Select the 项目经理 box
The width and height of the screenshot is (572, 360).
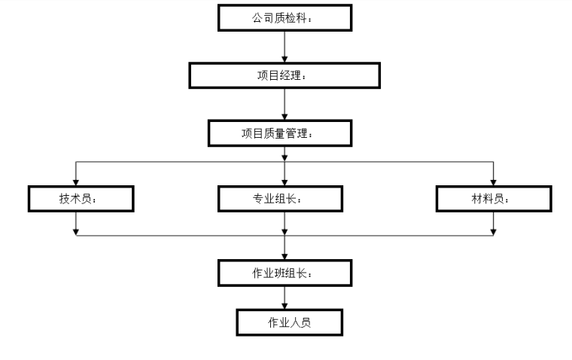284,76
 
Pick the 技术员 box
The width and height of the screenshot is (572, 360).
81,198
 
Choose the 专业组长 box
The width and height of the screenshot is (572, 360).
281,198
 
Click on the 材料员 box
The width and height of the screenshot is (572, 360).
493,198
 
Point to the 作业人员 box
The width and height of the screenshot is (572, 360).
289,322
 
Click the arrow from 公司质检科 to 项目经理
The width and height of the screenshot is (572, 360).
284,47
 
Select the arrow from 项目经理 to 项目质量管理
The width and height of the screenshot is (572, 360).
284,105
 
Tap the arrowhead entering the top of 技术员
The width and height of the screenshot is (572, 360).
76,182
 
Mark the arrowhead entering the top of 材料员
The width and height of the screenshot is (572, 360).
494,182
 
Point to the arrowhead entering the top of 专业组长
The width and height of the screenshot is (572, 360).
284,182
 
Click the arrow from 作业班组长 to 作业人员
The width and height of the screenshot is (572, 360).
284,298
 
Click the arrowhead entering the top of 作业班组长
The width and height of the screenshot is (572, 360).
284,255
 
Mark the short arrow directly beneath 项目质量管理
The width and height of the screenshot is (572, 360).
284,154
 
